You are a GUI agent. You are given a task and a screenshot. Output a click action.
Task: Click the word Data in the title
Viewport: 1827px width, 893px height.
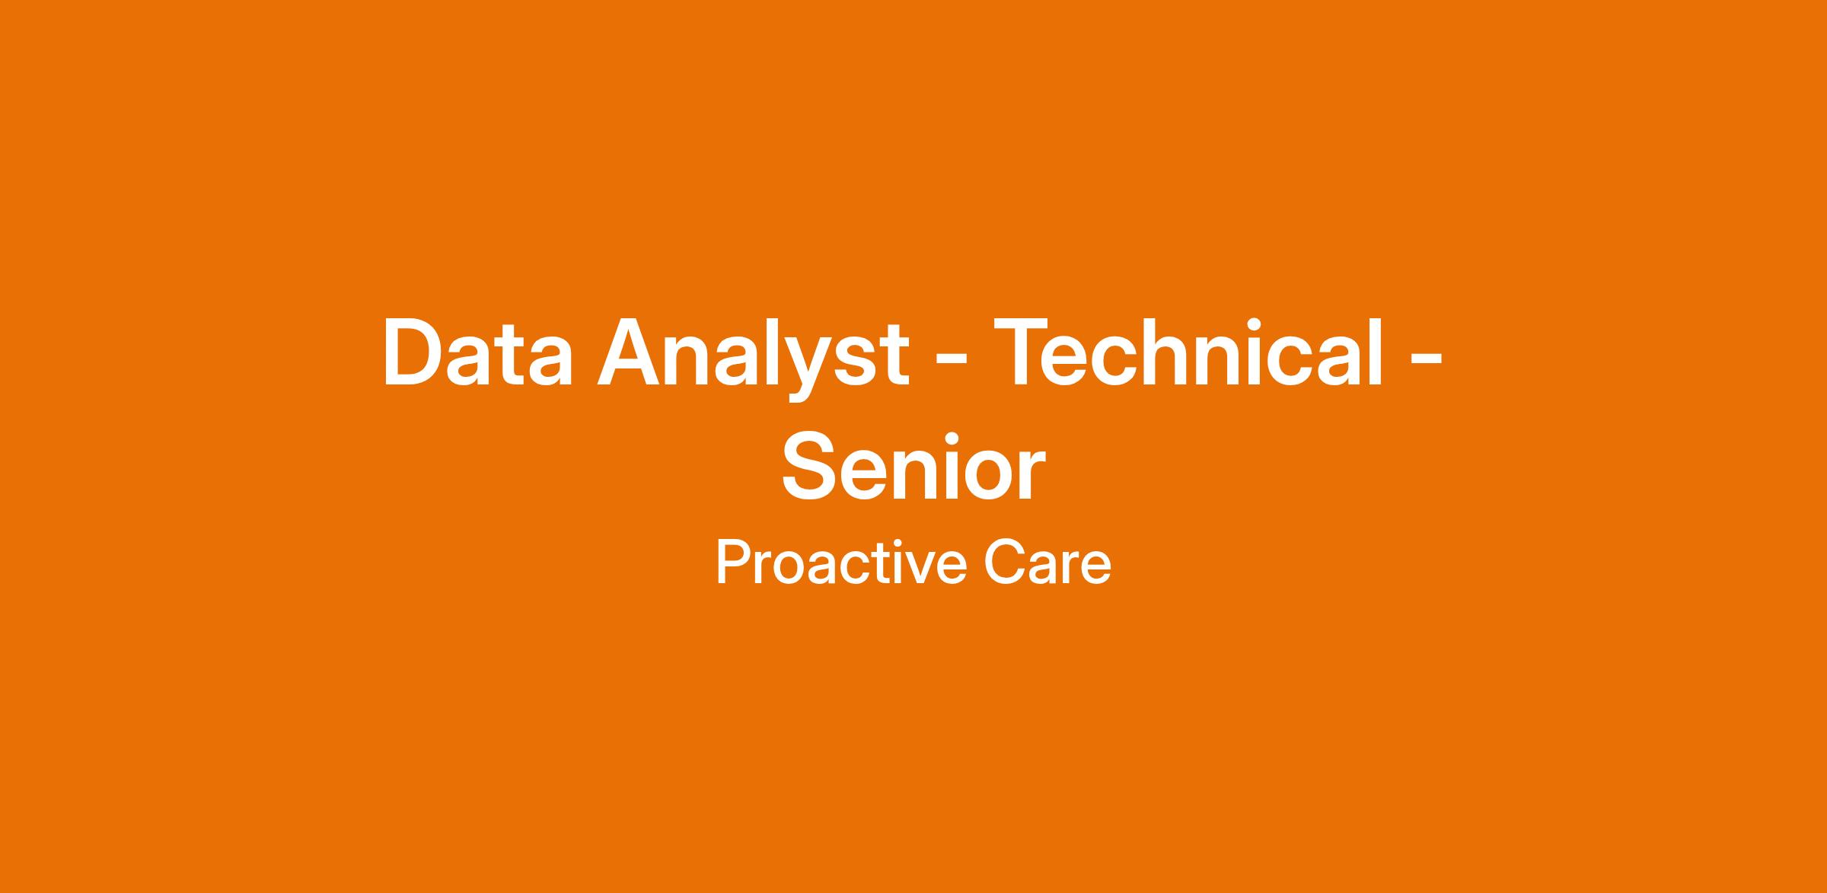click(x=477, y=352)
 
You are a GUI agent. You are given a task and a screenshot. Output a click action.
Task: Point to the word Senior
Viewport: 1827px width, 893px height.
click(x=913, y=465)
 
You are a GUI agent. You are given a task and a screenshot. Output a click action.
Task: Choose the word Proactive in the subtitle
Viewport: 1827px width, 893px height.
click(x=842, y=563)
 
